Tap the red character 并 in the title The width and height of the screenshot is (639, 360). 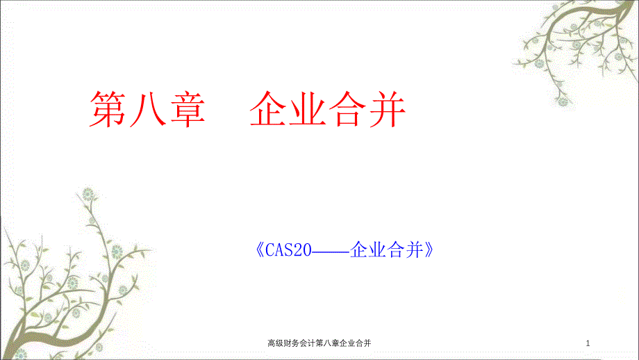click(x=387, y=108)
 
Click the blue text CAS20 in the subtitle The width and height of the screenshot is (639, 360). click(x=285, y=249)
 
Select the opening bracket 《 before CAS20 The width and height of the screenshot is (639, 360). click(x=258, y=249)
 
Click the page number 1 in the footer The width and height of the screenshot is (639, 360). click(x=588, y=343)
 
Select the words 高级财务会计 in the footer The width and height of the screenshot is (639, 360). click(x=291, y=343)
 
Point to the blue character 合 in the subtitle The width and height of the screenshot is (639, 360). click(x=397, y=249)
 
